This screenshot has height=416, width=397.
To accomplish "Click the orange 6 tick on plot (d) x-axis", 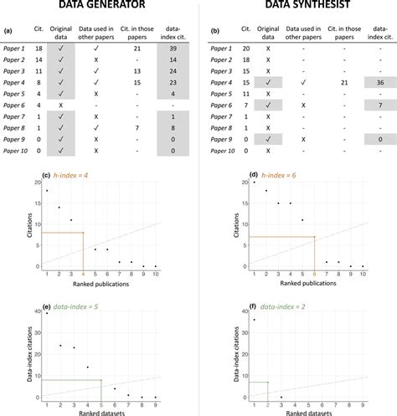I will coord(314,274).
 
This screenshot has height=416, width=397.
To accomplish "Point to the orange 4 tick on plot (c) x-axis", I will coord(82,274).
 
